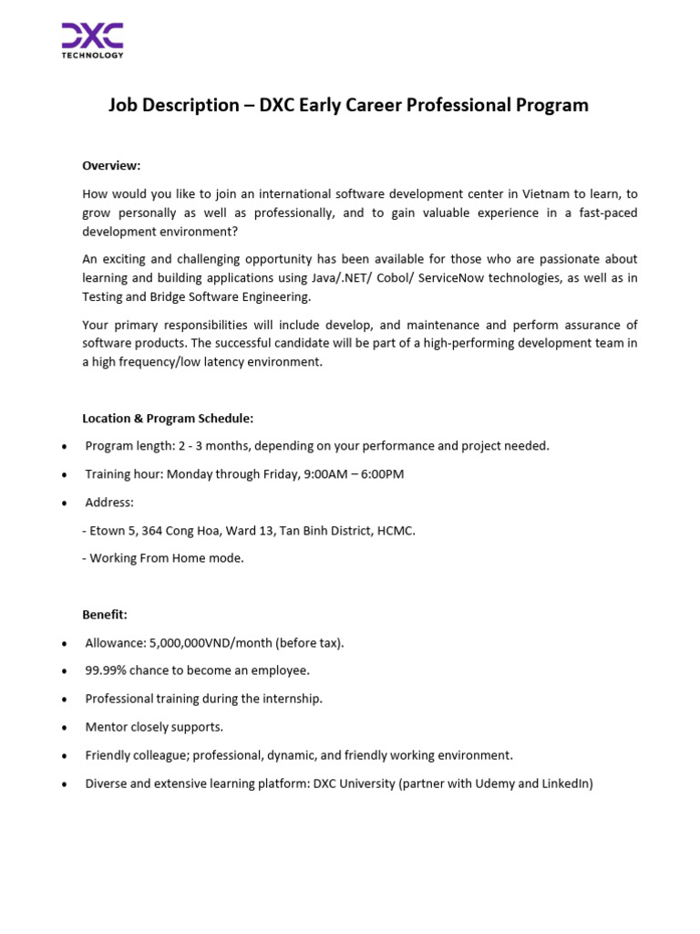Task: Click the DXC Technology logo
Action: [92, 40]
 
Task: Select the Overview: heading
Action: [111, 165]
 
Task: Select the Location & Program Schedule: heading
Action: [168, 419]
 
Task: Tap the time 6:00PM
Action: [380, 474]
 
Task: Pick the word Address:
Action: [109, 503]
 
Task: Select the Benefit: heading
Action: [105, 615]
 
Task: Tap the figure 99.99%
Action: [107, 670]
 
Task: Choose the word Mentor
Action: [108, 727]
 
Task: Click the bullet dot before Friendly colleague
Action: [63, 756]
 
